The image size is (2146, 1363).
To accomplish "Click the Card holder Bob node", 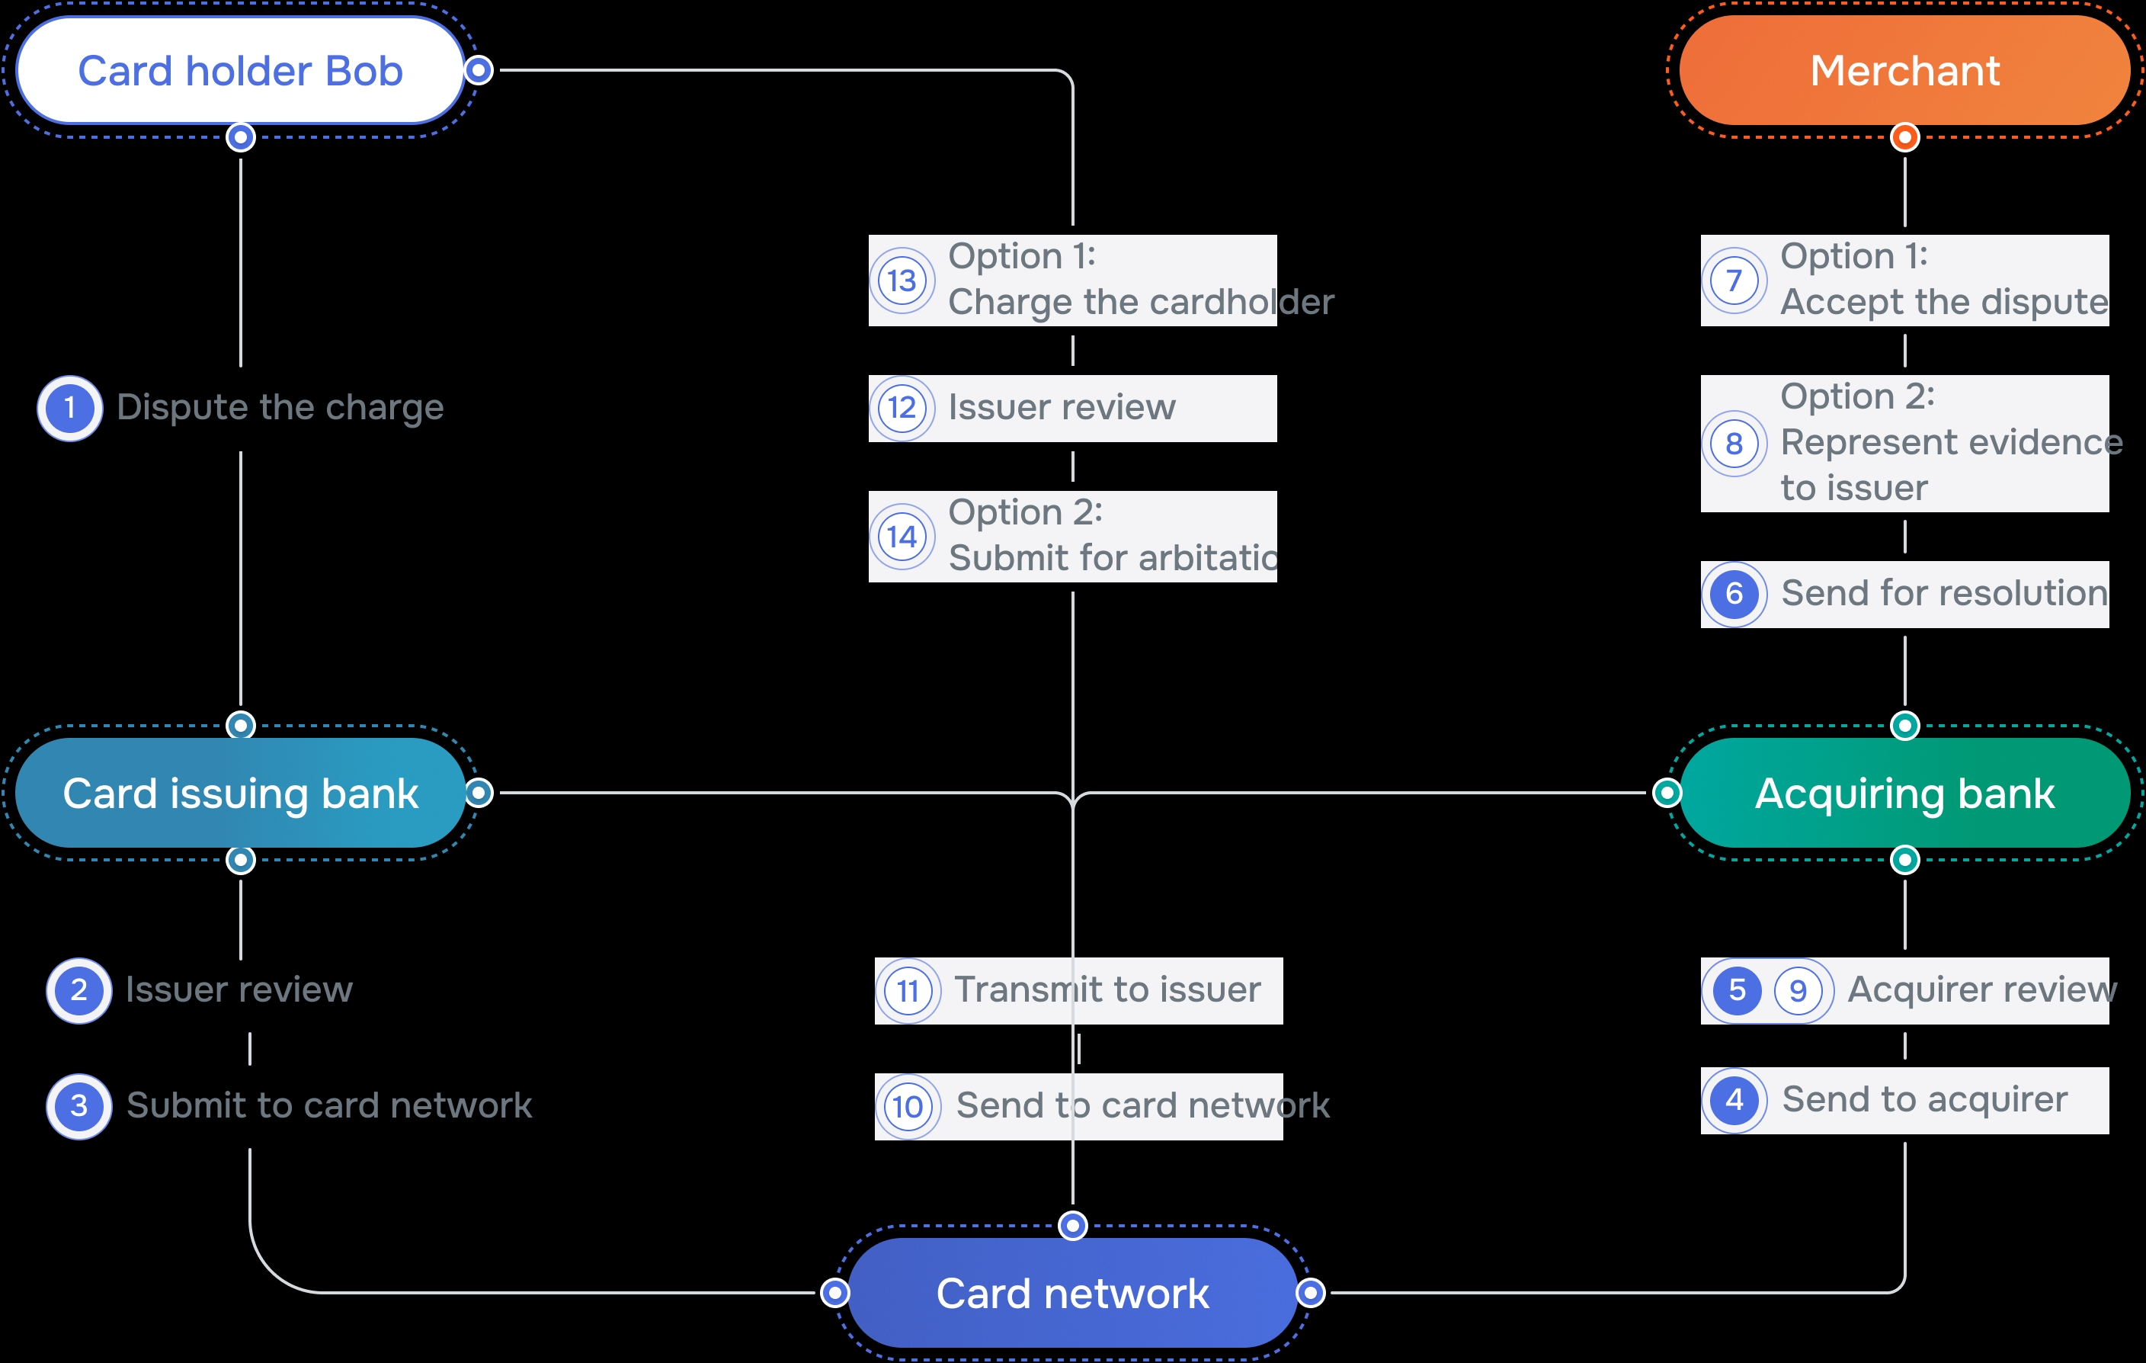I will coord(240,70).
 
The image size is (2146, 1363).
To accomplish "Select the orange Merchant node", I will coord(1904,70).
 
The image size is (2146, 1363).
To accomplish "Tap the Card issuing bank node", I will coord(240,793).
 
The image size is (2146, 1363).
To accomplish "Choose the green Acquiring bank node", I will coord(1904,793).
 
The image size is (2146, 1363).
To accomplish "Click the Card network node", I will coord(1072,1293).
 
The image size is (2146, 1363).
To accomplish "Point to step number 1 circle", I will coord(69,409).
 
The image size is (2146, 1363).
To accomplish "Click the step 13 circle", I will coord(902,281).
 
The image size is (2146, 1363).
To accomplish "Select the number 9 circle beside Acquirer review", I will coord(1798,990).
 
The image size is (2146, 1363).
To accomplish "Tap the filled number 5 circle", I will coord(1736,990).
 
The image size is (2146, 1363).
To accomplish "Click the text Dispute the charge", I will coord(280,407).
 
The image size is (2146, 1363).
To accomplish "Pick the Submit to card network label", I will coord(329,1105).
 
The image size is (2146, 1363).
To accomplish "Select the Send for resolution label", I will coord(1944,594).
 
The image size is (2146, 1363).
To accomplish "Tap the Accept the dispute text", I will coord(1944,302).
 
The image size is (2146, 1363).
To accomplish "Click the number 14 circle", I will coord(902,537).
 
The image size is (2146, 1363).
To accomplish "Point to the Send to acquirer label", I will coord(1924,1100).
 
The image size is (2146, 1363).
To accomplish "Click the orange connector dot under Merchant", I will coord(1904,137).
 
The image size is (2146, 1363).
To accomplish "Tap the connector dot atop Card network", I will coord(1072,1226).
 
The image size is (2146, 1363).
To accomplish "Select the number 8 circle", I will coord(1734,443).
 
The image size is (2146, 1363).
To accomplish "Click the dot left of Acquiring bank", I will coord(1667,793).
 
